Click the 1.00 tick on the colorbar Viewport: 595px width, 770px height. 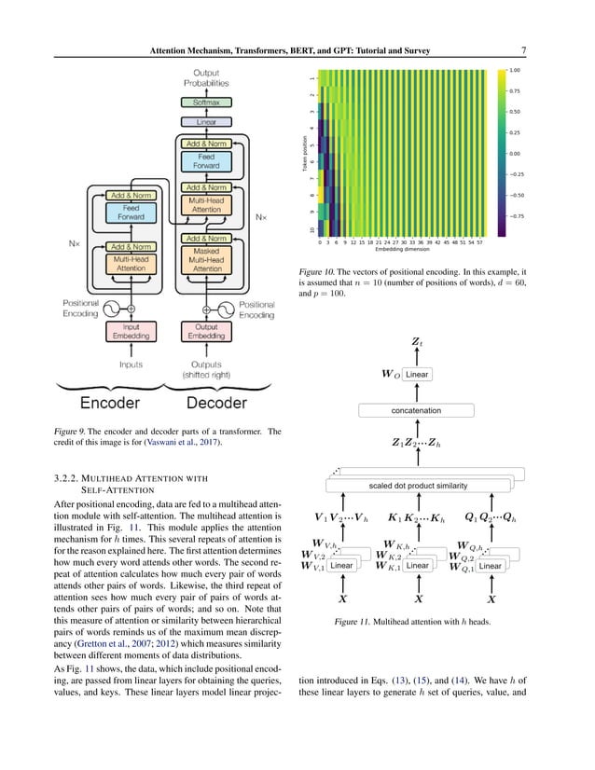pyautogui.click(x=515, y=70)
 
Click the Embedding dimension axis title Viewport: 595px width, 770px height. pyautogui.click(x=401, y=250)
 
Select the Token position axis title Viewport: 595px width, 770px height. pyautogui.click(x=304, y=154)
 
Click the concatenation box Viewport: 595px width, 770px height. pyautogui.click(x=417, y=409)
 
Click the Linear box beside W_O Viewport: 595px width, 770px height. pyautogui.click(x=417, y=375)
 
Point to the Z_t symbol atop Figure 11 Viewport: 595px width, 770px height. pyautogui.click(x=417, y=343)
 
